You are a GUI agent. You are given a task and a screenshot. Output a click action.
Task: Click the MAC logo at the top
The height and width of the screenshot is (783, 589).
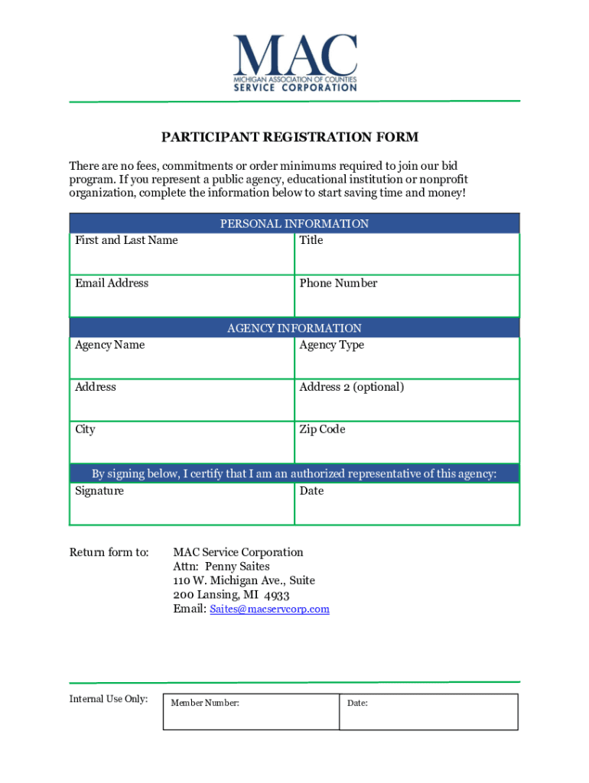[x=294, y=63]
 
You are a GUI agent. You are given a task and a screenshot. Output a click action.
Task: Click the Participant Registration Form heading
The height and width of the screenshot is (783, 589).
[x=290, y=138]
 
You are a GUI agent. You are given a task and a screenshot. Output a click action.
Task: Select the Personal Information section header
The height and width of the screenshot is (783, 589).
[x=294, y=224]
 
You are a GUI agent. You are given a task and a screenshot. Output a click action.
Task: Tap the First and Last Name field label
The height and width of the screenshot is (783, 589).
[x=126, y=241]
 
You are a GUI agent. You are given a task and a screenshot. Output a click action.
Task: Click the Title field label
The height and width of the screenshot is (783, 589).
[x=311, y=241]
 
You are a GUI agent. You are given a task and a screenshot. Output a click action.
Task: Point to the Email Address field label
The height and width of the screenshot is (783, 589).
[x=112, y=284]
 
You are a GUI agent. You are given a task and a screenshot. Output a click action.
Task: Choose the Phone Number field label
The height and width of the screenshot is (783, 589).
[x=338, y=284]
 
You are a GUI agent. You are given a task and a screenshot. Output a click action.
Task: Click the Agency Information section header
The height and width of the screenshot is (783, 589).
[x=294, y=329]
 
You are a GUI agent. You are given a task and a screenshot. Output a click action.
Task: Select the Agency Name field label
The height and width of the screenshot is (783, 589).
[x=109, y=345]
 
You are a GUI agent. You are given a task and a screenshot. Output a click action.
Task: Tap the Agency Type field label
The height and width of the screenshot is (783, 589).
[x=332, y=345]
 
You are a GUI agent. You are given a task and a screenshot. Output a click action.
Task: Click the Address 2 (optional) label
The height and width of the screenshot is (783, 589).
[x=352, y=387]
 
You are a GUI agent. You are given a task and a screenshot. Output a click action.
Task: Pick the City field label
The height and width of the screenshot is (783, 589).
[x=85, y=430]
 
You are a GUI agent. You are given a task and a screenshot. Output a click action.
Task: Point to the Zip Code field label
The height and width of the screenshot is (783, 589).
[x=322, y=430]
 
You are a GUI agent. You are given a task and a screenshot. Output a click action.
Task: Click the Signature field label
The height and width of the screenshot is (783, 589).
[x=99, y=491]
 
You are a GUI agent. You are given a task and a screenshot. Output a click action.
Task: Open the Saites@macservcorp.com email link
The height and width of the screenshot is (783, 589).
[x=269, y=609]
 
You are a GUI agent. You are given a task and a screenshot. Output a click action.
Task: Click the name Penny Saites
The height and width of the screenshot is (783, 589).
[x=237, y=567]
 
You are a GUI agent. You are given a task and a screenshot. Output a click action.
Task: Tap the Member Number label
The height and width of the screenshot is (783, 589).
[x=205, y=703]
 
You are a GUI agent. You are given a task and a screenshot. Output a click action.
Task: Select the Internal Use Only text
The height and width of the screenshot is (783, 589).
[x=109, y=699]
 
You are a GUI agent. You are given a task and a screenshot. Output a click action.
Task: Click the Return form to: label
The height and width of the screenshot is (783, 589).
[x=109, y=552]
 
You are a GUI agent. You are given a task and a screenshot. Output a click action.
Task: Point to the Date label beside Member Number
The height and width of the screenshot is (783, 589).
[x=357, y=703]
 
